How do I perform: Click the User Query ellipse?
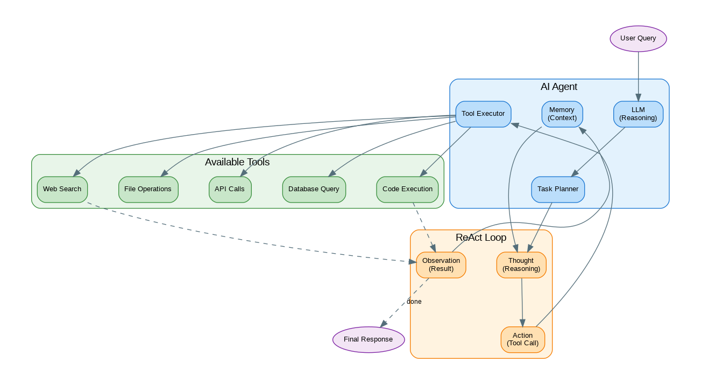tap(638, 38)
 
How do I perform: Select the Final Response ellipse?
tap(369, 339)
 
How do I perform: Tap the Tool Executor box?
tap(483, 114)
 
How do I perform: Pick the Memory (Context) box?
tap(562, 114)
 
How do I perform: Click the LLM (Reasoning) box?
tap(638, 114)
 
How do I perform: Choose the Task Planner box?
tap(558, 189)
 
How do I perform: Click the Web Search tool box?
tap(62, 189)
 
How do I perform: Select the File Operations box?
tap(148, 189)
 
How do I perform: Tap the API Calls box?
tap(230, 189)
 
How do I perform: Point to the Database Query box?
tap(314, 189)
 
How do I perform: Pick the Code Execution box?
tap(407, 189)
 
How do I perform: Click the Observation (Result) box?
tap(441, 264)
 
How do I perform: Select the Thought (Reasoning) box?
tap(521, 264)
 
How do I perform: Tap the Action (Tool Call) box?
tap(522, 339)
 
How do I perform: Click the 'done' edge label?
tap(414, 302)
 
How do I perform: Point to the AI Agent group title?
tap(559, 87)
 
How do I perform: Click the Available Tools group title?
tap(237, 162)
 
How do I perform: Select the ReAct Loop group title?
tap(481, 238)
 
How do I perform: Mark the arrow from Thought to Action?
tap(522, 302)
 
